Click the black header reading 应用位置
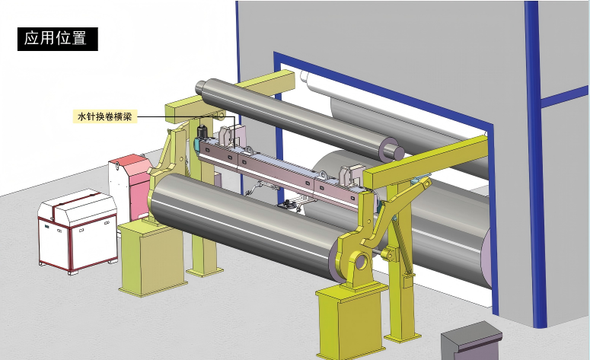[x=58, y=39]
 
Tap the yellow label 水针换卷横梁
[x=104, y=116]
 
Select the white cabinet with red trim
[x=78, y=231]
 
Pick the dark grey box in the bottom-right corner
[x=472, y=340]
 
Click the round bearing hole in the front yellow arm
[x=362, y=260]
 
